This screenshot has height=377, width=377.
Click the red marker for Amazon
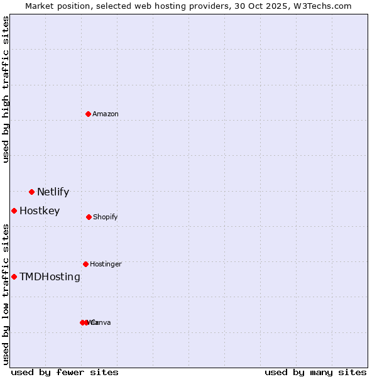88,114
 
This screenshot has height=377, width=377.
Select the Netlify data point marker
31,192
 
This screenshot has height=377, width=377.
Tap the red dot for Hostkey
14,210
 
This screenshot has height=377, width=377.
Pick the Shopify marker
89,217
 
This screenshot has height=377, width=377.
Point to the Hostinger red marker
85,264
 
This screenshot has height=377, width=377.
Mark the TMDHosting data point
14,276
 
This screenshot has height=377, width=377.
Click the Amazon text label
105,114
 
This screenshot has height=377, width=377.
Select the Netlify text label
53,192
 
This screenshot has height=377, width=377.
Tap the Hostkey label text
40,210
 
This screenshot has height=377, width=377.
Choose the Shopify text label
105,217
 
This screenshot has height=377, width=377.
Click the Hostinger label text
106,264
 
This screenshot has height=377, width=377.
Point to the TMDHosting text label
50,276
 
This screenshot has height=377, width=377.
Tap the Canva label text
101,322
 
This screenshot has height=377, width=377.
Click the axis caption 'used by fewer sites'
65,372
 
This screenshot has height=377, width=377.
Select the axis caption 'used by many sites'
315,372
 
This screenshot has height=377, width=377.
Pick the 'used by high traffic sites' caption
6,89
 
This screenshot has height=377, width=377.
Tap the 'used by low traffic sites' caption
6,294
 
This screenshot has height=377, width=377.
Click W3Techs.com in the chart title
325,6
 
